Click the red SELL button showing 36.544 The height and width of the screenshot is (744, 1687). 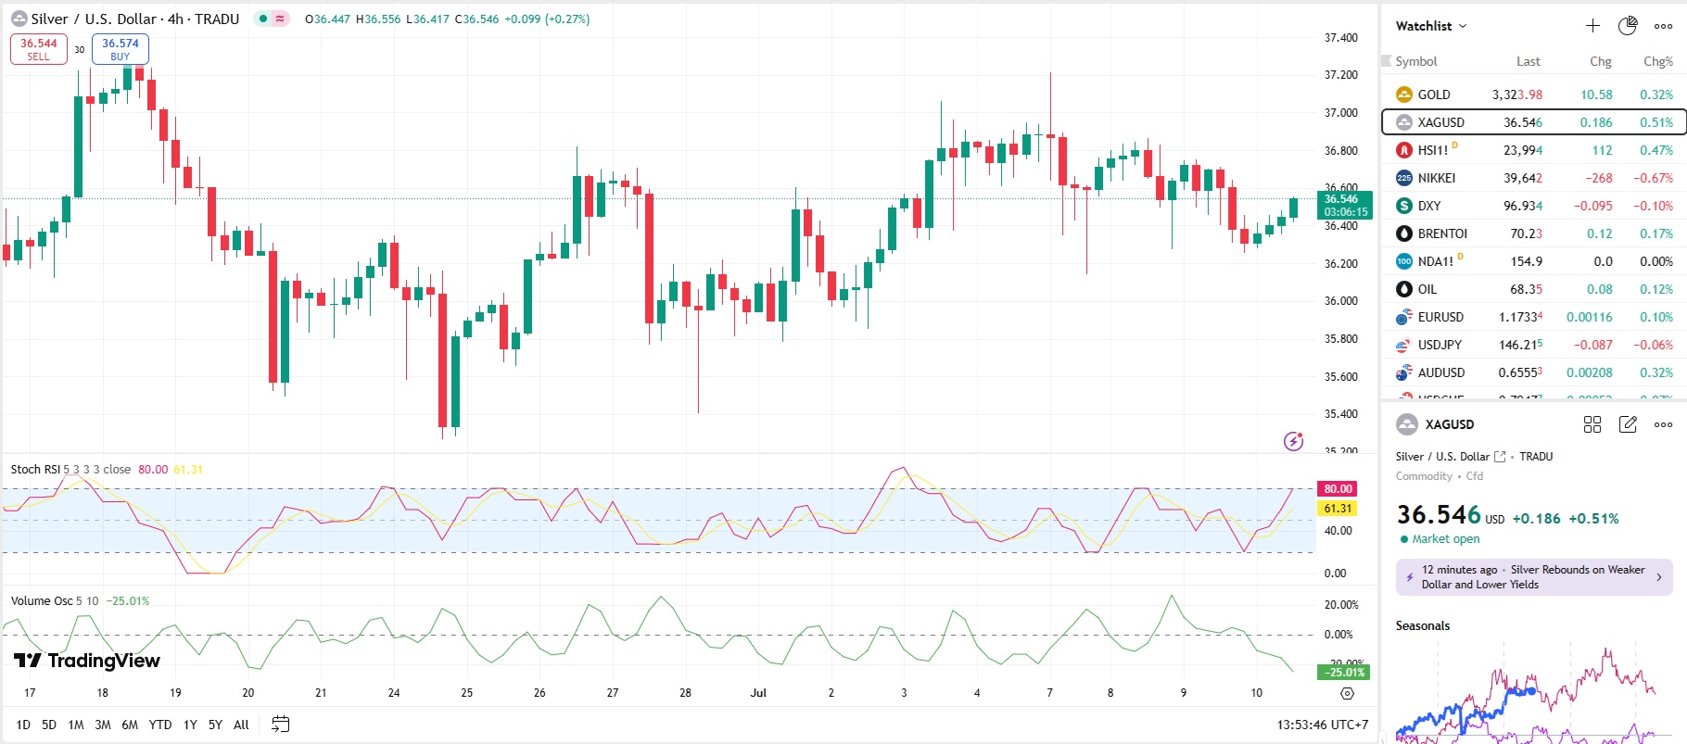39,49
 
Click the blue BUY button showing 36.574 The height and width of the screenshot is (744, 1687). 120,49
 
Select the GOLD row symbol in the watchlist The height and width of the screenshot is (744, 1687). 1433,95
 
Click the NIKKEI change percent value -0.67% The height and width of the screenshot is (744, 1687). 1653,178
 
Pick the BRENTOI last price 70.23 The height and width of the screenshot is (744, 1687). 1526,233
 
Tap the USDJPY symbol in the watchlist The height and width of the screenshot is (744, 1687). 1440,345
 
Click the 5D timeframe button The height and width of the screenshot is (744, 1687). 49,725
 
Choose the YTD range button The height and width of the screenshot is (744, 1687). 160,725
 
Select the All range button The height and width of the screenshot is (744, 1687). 241,725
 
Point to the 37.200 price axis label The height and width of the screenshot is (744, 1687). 1340,75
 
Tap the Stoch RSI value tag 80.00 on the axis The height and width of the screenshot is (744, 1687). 1338,488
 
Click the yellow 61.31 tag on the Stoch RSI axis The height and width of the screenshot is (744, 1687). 1338,508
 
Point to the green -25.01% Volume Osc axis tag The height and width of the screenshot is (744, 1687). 1344,672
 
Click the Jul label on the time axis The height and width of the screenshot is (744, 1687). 758,692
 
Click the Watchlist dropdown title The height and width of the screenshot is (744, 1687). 1430,26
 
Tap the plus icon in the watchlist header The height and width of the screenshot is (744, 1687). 1592,26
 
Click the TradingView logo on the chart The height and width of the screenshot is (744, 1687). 87,661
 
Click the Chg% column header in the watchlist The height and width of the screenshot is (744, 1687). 1657,61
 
